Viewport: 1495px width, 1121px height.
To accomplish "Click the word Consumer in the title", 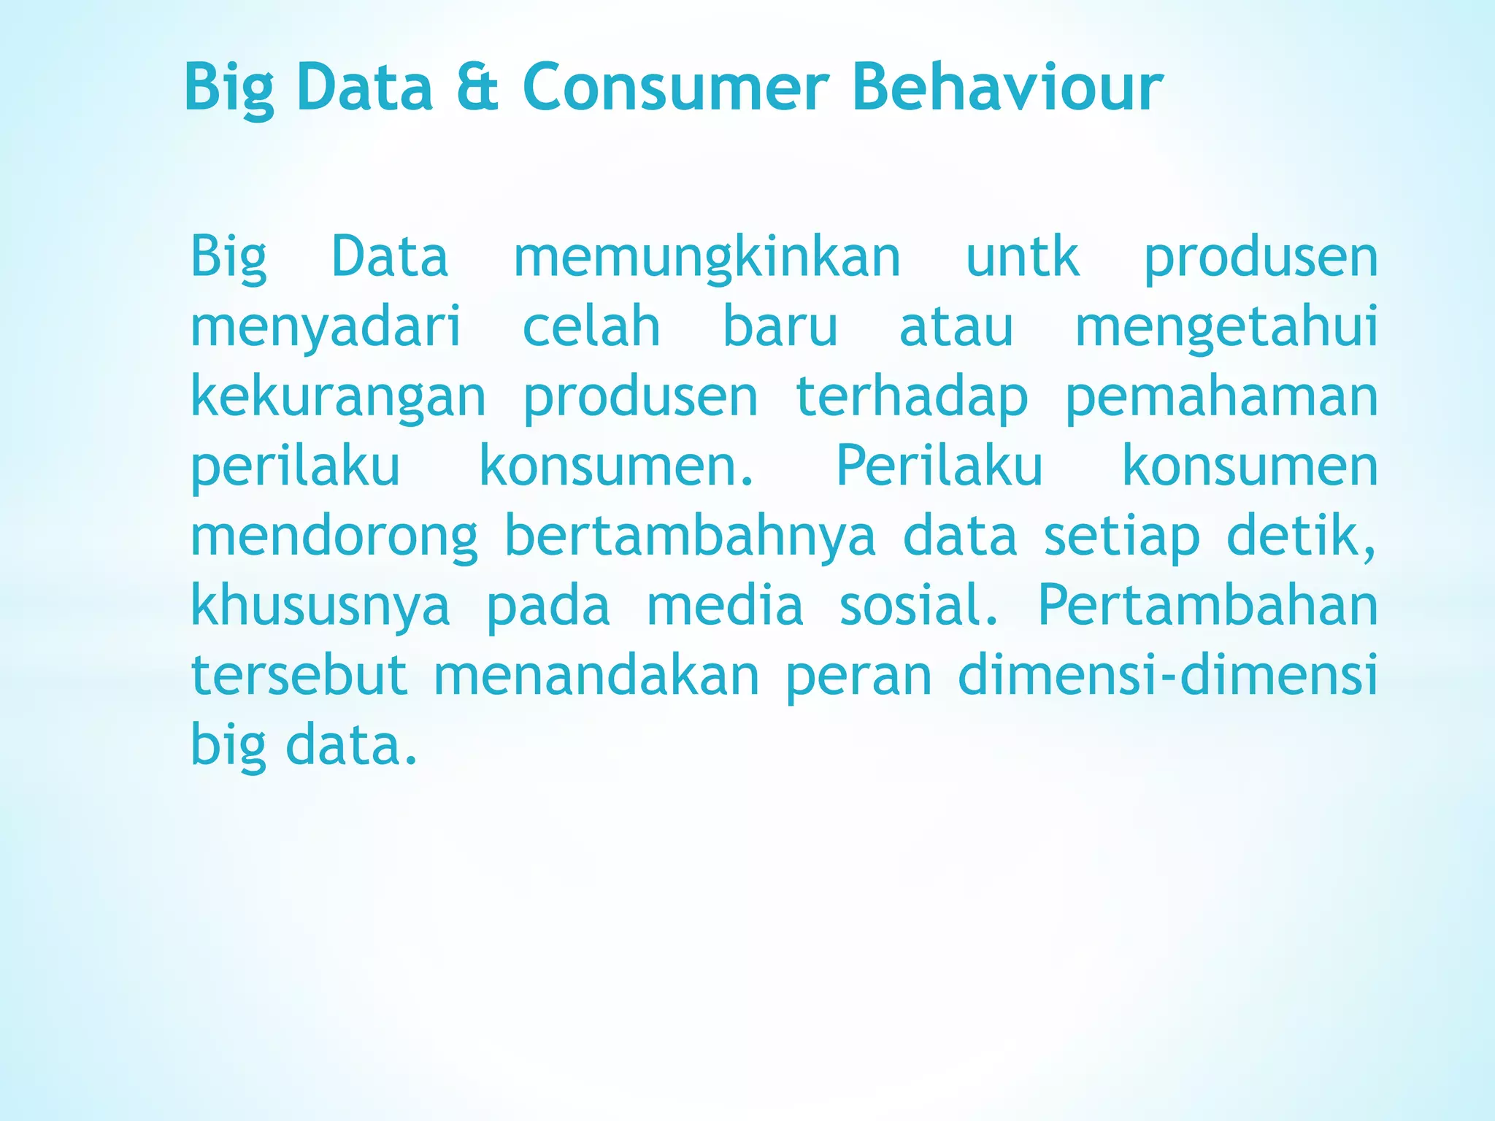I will point(675,88).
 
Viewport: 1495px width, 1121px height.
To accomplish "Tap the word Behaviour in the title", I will point(1007,88).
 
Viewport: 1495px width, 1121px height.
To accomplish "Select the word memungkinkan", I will point(707,259).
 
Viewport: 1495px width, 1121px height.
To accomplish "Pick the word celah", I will point(591,326).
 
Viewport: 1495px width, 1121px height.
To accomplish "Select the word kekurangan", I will point(338,398).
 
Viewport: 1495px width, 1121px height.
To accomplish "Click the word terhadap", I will point(912,398).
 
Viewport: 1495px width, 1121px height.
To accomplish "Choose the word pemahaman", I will point(1221,398).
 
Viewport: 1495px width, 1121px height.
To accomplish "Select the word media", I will point(725,606).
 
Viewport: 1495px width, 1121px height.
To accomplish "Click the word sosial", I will point(918,606).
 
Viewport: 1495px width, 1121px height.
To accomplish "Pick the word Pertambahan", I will point(1207,606).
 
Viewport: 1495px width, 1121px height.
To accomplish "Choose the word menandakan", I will point(596,675).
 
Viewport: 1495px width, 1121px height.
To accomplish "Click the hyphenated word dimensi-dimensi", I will point(1167,675).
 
